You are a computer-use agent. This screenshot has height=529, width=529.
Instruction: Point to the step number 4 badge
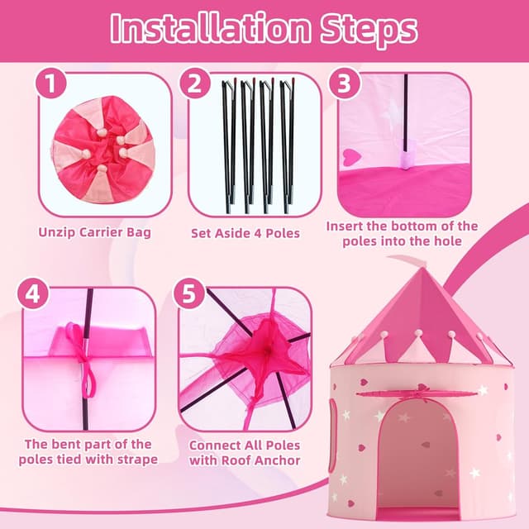34,295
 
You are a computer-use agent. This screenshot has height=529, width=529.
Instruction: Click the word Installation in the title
204,29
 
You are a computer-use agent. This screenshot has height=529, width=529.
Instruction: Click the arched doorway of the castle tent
415,450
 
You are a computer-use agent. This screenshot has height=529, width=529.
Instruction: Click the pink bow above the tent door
413,398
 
